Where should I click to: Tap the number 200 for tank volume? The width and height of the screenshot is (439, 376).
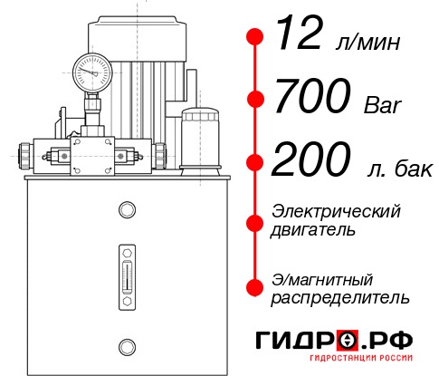[x=317, y=162]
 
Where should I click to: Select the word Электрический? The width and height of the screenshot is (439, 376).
[x=336, y=210]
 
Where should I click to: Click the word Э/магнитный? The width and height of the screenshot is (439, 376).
[x=322, y=278]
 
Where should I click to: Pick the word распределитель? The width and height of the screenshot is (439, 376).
[x=339, y=297]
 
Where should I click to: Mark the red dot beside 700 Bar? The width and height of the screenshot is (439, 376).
[x=255, y=97]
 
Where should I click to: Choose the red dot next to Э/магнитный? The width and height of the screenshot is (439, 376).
[x=255, y=286]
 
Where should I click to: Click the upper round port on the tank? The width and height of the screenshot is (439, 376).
[x=126, y=211]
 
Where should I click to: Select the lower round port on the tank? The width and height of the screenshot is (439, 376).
[x=126, y=345]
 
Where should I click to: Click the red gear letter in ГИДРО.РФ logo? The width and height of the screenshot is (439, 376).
[x=346, y=341]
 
